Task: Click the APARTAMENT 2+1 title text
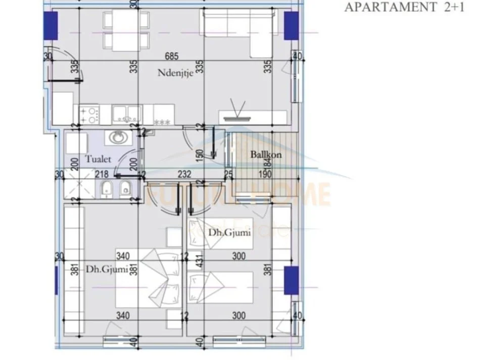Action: pos(404,7)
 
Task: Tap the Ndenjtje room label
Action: pos(175,72)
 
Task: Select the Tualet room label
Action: pos(98,159)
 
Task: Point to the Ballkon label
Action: pos(266,155)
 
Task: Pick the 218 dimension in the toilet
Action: pos(102,174)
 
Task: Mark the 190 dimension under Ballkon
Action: pos(266,174)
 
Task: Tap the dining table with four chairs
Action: pos(125,29)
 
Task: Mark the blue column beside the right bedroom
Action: pos(292,281)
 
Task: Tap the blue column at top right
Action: pos(292,25)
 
